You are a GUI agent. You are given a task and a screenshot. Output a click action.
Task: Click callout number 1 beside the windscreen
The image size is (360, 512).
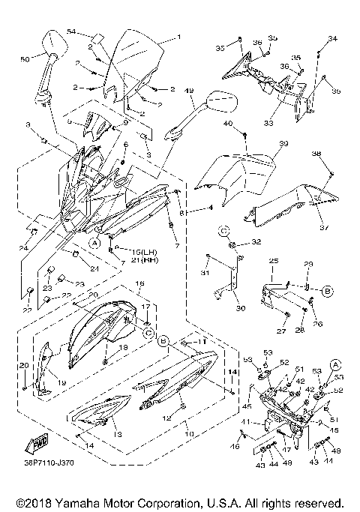point(178,37)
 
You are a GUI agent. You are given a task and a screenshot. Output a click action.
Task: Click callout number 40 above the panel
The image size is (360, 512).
point(227,123)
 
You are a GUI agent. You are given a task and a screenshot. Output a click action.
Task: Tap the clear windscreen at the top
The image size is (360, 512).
point(135,60)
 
